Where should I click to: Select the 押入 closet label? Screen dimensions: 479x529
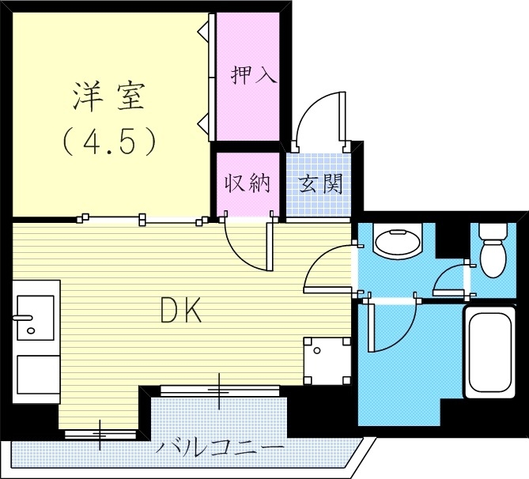(253, 75)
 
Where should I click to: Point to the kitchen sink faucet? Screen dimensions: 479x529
(24, 319)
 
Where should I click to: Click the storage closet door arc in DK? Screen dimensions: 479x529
(247, 247)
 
